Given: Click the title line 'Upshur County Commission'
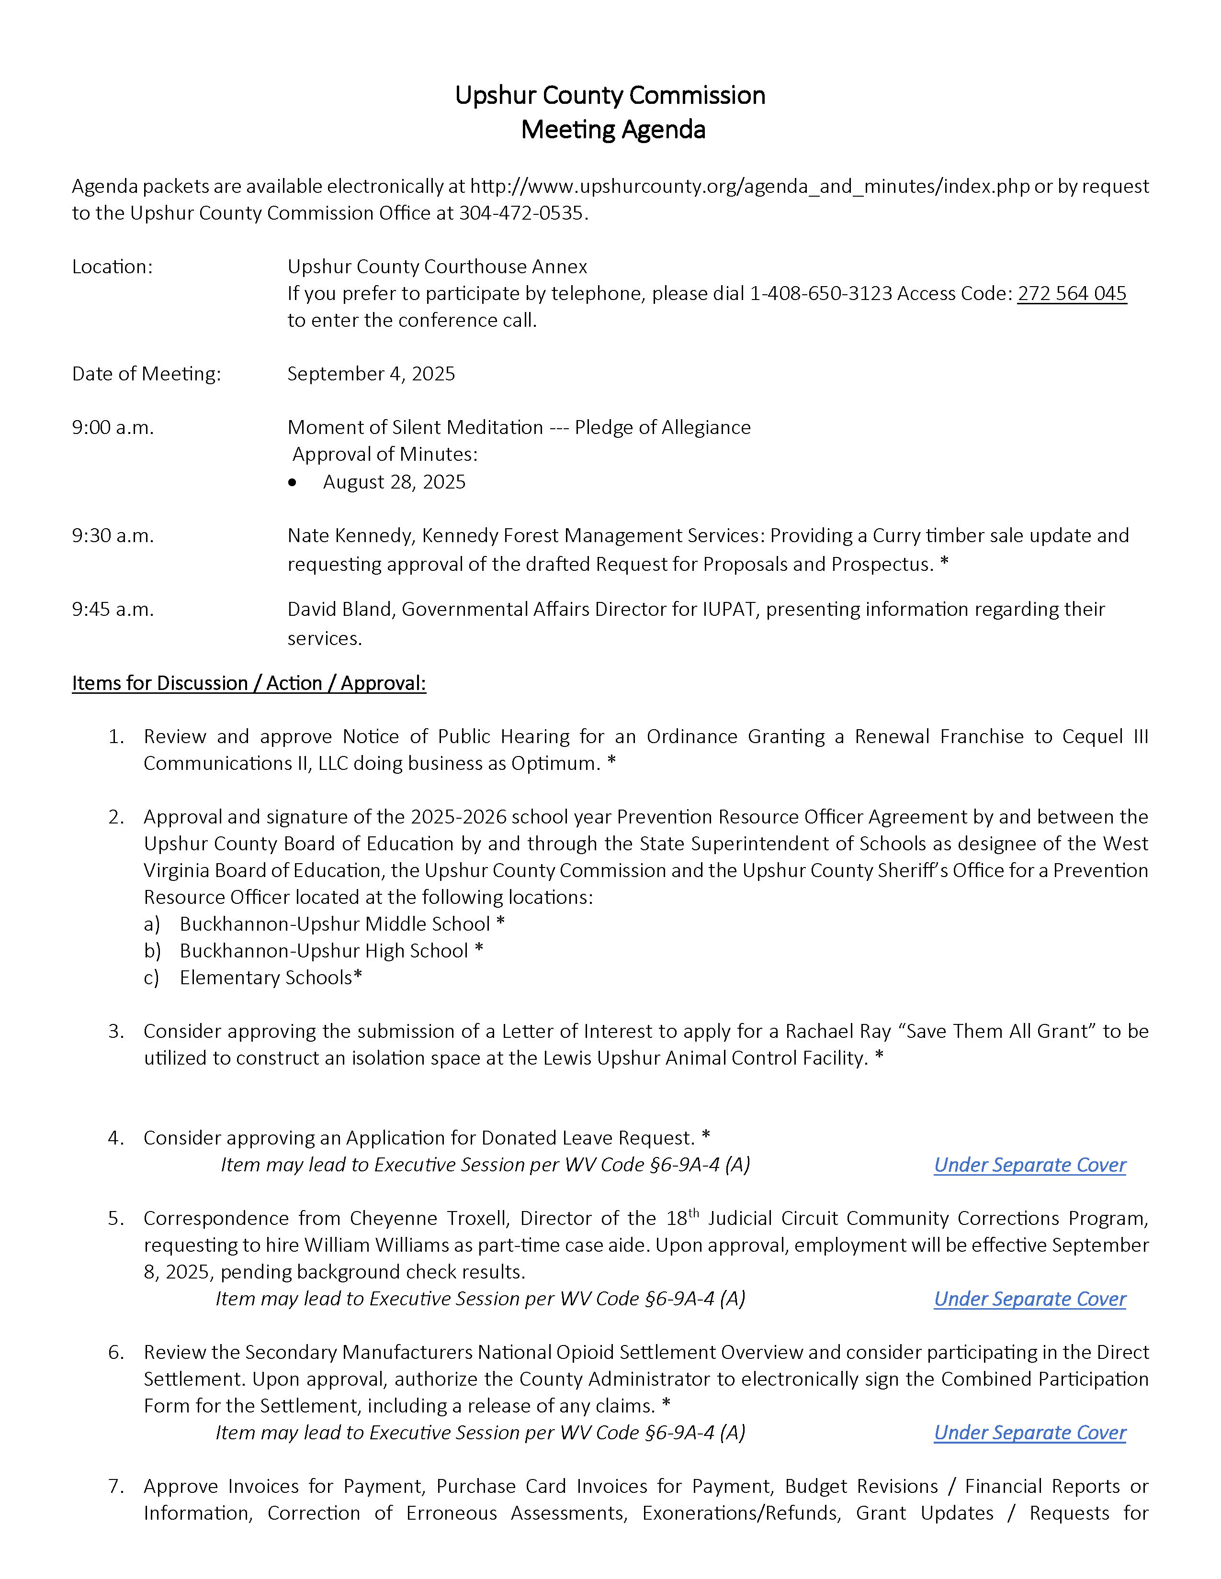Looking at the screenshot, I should [610, 95].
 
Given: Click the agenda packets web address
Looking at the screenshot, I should [749, 187].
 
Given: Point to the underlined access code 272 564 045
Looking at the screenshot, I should [1071, 293].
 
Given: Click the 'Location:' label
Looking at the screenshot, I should [112, 267].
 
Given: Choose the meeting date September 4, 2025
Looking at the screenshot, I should [371, 374].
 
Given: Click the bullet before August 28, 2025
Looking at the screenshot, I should [292, 483].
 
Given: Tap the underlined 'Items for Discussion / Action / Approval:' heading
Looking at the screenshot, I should [249, 683].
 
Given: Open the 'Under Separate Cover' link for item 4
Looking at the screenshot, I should [1029, 1165].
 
